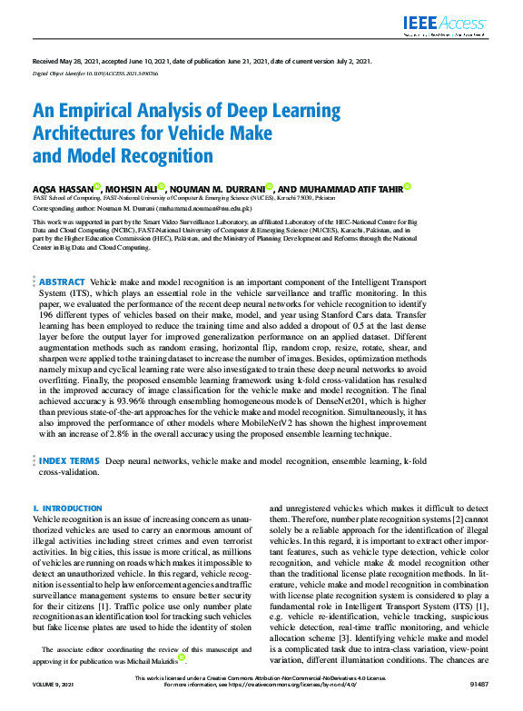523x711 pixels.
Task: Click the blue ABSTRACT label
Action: (62, 282)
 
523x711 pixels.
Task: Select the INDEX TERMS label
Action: (69, 462)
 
